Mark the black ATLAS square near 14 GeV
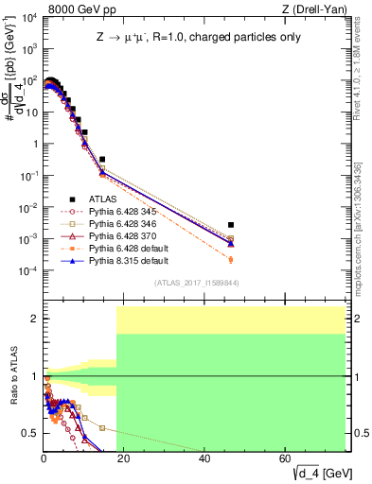102,159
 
